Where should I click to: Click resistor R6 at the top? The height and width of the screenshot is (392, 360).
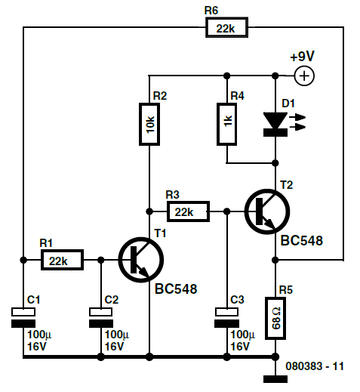(x=226, y=27)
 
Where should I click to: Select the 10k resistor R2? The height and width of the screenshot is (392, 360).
(x=149, y=124)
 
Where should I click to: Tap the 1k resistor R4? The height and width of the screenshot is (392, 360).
(x=226, y=124)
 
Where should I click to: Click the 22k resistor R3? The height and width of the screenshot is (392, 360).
(x=188, y=211)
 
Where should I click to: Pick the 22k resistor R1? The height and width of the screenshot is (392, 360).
(x=62, y=260)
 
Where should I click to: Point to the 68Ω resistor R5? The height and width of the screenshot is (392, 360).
(x=275, y=318)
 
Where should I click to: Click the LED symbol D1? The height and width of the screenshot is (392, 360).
(x=275, y=124)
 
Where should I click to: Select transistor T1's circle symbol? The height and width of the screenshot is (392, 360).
(x=141, y=260)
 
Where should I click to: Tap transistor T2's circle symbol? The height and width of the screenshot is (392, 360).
(x=267, y=211)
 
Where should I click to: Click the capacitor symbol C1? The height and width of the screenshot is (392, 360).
(x=23, y=318)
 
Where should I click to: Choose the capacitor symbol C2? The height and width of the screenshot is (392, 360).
(x=101, y=318)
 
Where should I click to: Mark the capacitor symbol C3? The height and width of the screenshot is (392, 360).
(x=226, y=318)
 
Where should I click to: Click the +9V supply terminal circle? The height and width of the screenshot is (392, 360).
(x=304, y=76)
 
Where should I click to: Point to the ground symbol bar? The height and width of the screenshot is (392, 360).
(x=275, y=379)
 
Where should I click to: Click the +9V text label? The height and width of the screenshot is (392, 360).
(x=302, y=57)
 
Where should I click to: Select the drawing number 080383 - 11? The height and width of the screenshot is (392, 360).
(x=315, y=366)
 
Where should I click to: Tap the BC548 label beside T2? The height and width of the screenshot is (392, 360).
(x=302, y=241)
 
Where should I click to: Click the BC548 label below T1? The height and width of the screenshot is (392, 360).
(x=176, y=289)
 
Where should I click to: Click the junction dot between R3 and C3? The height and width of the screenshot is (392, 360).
(x=226, y=211)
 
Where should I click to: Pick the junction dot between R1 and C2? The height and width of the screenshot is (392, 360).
(x=101, y=260)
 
